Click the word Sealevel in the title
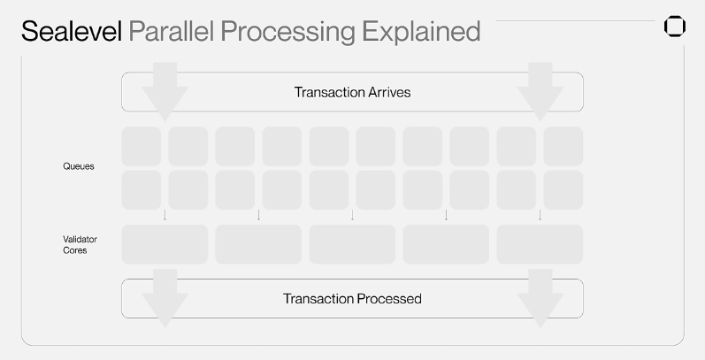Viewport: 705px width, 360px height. click(x=72, y=31)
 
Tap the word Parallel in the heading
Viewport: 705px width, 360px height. click(x=171, y=31)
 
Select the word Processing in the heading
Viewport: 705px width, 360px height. click(x=287, y=33)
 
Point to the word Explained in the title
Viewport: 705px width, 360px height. click(x=421, y=33)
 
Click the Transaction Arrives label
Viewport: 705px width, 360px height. click(x=352, y=92)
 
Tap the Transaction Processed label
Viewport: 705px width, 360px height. click(x=352, y=299)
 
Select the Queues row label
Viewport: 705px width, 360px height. click(x=79, y=166)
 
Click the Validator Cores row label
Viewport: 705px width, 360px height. click(x=80, y=245)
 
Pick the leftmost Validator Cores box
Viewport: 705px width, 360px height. click(x=165, y=244)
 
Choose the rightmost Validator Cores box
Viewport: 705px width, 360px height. click(x=540, y=244)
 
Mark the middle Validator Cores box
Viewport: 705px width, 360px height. click(x=352, y=244)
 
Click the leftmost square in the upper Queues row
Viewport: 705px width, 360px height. click(x=142, y=146)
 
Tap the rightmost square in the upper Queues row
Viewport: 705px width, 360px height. click(x=563, y=146)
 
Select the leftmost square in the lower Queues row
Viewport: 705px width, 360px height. click(x=142, y=189)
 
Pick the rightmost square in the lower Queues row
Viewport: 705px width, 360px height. click(x=563, y=189)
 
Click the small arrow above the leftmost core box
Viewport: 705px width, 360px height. click(x=165, y=215)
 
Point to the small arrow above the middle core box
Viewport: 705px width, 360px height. click(x=352, y=215)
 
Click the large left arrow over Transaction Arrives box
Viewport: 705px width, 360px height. click(x=165, y=92)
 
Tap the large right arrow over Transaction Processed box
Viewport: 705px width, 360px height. click(x=540, y=298)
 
